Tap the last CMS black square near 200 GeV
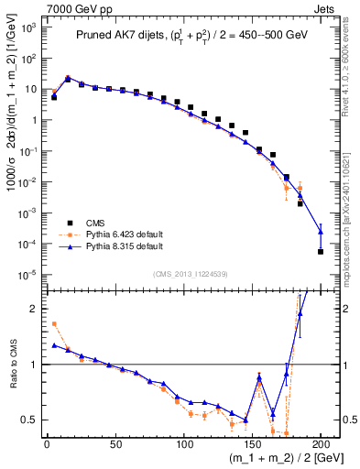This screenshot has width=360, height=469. point(321,251)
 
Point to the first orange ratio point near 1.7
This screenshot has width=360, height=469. point(54,323)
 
